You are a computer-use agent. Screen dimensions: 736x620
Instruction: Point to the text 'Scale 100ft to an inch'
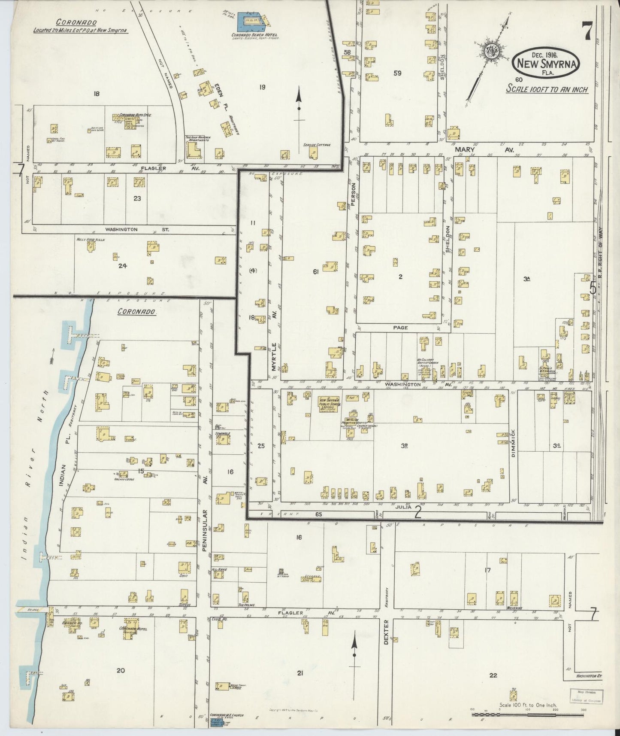point(547,89)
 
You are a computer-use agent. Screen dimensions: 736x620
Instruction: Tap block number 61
point(315,271)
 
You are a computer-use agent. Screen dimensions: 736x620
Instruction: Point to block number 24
point(123,266)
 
